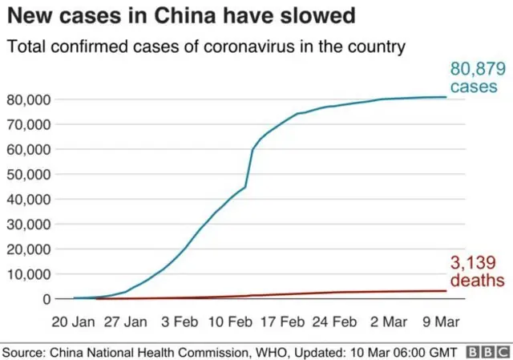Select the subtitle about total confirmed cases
tap(206, 47)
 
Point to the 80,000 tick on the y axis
tap(29, 99)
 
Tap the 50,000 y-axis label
tap(29, 174)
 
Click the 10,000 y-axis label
tap(29, 274)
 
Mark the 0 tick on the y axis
tap(47, 299)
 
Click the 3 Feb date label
tap(180, 322)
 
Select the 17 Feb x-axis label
tap(282, 322)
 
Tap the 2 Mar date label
tap(388, 322)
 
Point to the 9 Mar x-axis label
tap(439, 322)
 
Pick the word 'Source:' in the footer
tap(26, 351)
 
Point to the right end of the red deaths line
tap(446, 291)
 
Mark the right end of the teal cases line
tap(446, 97)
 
